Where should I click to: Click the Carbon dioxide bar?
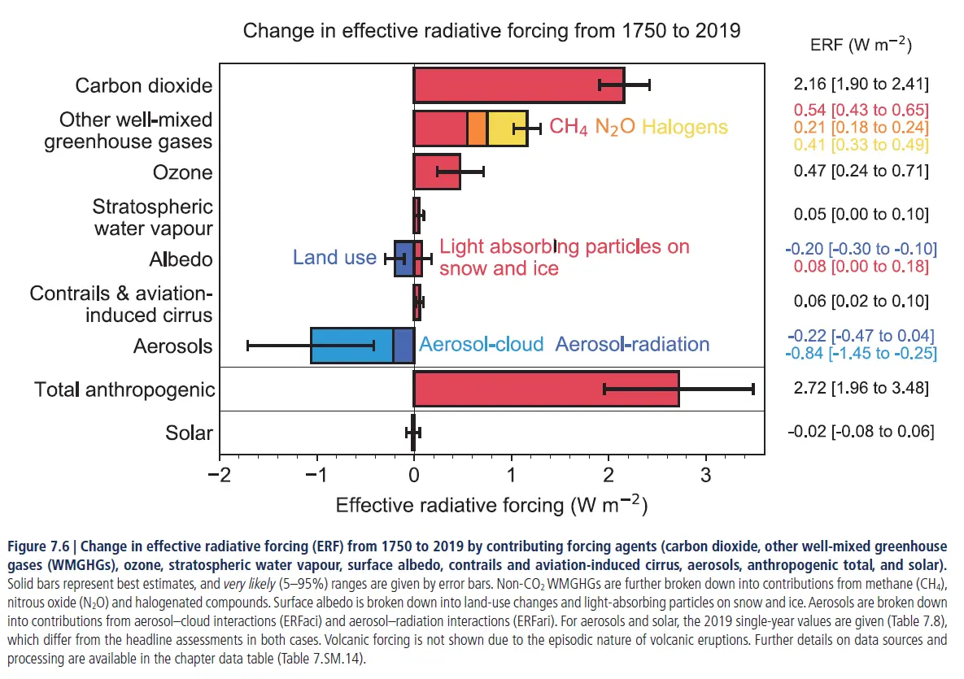518,85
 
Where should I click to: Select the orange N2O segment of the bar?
477,128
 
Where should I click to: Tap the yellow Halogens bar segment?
507,128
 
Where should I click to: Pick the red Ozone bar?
437,172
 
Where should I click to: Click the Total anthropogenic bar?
545,389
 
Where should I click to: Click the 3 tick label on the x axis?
705,473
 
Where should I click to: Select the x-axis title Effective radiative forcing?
491,504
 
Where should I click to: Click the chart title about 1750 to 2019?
492,32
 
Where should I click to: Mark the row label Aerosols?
173,346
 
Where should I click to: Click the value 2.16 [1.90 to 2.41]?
861,85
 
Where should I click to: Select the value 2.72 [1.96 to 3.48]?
861,388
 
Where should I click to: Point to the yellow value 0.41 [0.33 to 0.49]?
861,145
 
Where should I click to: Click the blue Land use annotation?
334,258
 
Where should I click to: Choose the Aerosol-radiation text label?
632,344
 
